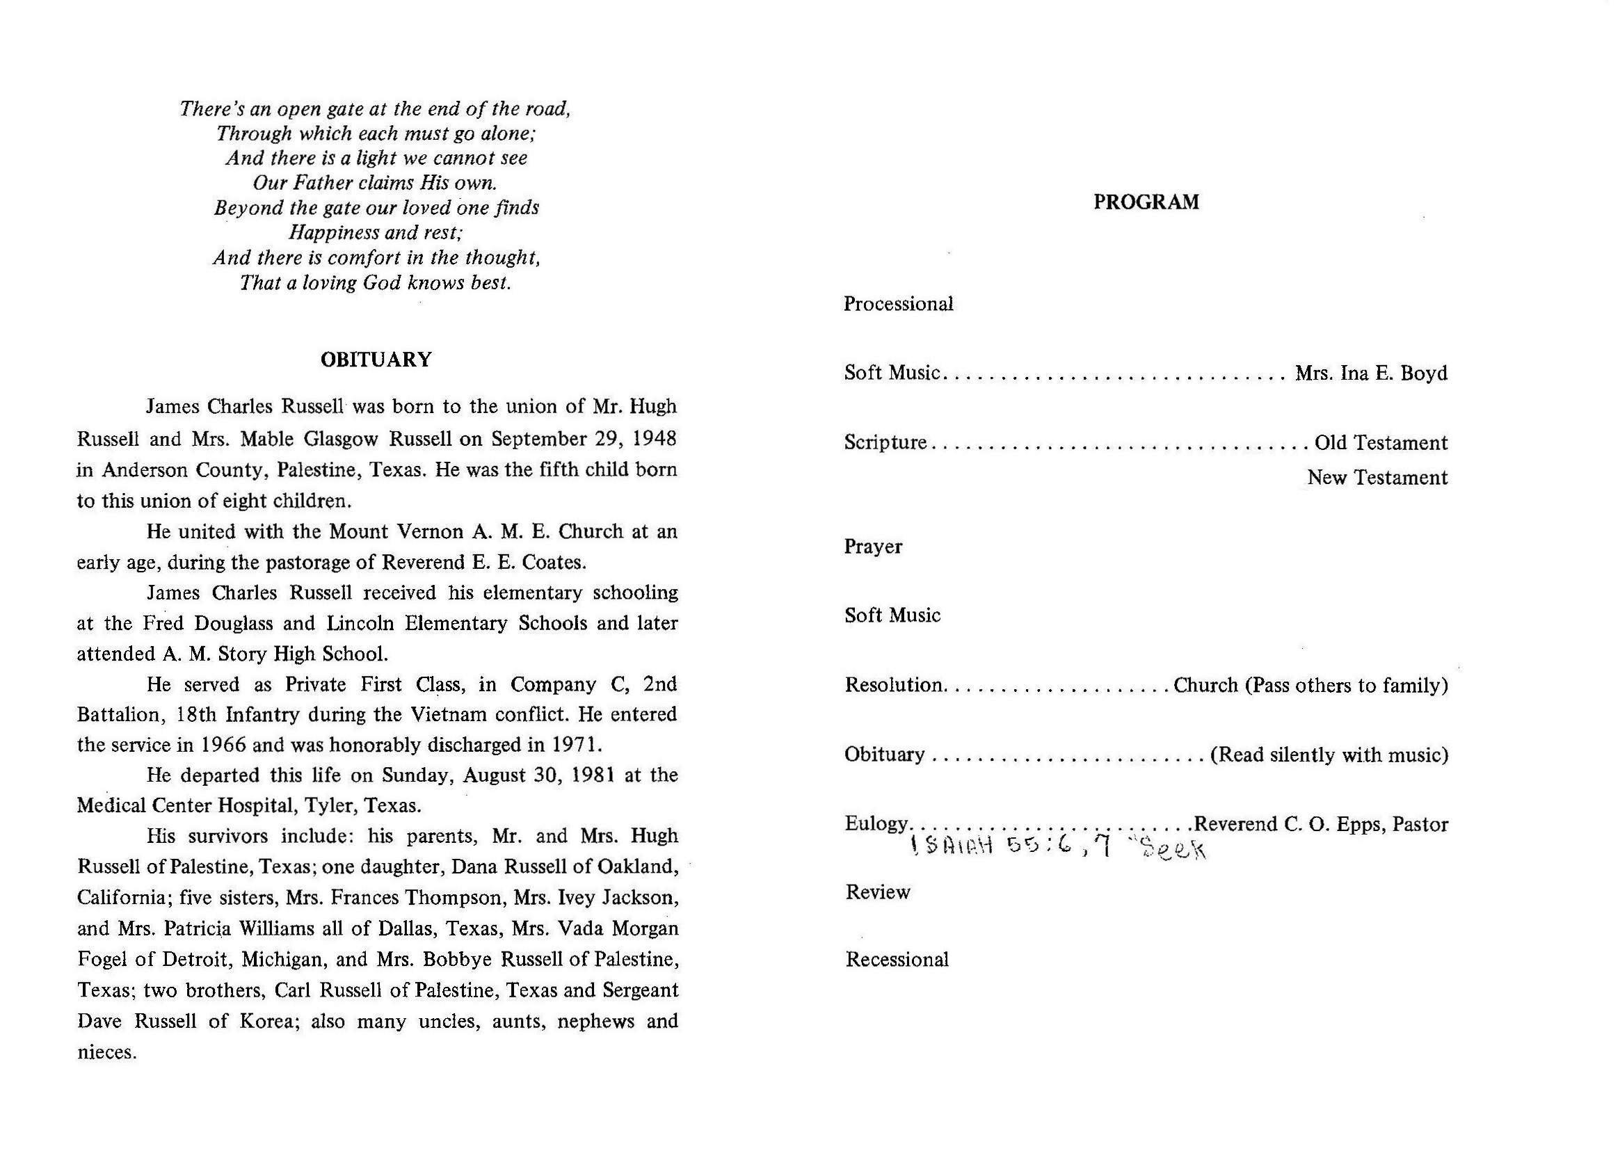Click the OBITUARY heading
[x=376, y=359]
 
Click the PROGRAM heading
[x=1146, y=202]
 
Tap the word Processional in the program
[x=898, y=304]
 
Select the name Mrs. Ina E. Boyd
[x=1371, y=373]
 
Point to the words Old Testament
[x=1381, y=443]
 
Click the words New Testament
[x=1377, y=478]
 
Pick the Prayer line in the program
[x=873, y=547]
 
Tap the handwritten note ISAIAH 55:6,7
[x=1010, y=847]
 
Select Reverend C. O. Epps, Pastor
[x=1321, y=824]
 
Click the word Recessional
[x=897, y=960]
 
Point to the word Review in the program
[x=877, y=892]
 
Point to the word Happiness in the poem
[x=334, y=233]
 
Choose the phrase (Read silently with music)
[x=1329, y=755]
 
